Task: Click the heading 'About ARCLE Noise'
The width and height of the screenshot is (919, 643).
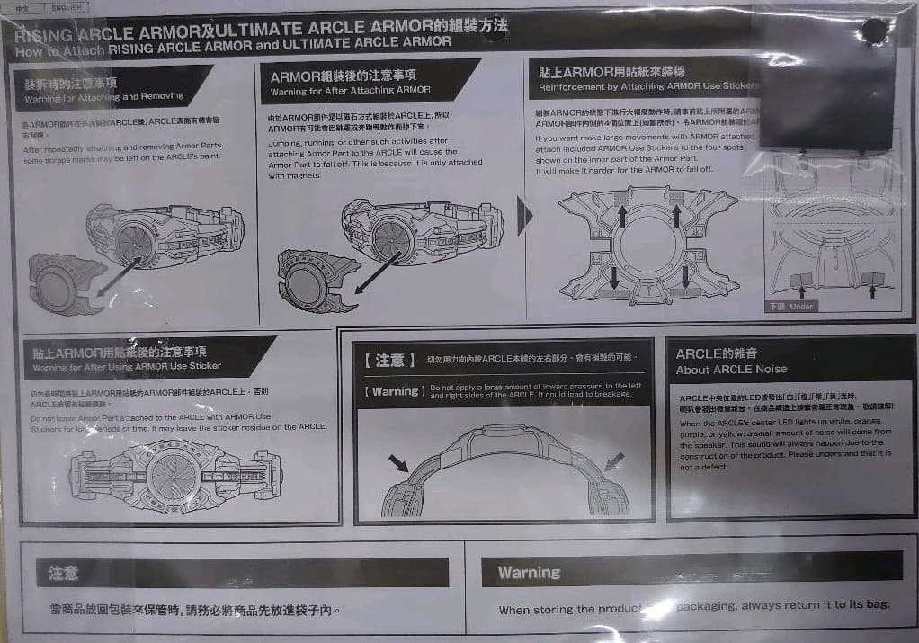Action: click(731, 370)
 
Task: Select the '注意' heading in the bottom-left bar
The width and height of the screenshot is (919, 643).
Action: click(63, 573)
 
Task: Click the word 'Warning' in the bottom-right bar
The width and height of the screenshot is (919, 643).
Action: click(529, 572)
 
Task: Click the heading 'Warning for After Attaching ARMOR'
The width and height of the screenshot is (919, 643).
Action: click(350, 90)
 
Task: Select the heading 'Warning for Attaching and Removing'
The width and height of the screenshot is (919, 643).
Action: click(104, 96)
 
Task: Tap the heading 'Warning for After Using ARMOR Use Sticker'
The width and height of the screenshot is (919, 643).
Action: click(127, 367)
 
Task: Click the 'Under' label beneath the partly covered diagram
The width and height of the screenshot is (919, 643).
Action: click(800, 307)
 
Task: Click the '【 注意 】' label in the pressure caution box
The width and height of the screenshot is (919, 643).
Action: click(389, 360)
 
